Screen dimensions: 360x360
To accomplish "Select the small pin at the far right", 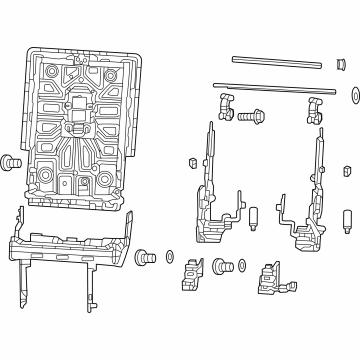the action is (346, 219).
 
